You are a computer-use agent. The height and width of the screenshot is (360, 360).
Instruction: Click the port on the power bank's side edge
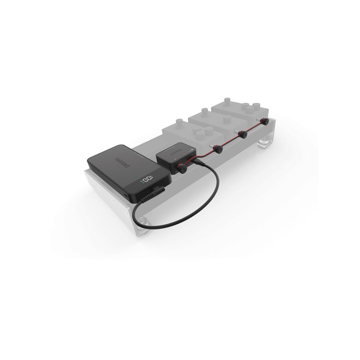coord(125,194)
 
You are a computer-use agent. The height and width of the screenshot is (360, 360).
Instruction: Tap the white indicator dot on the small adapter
coord(192,149)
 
